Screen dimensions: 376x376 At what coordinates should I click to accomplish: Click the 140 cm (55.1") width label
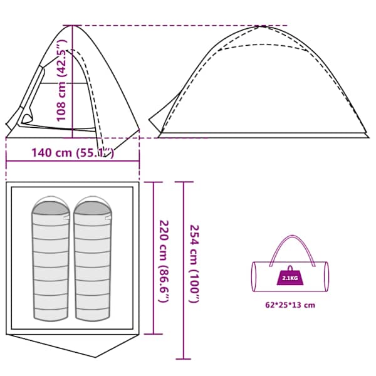tap(73, 153)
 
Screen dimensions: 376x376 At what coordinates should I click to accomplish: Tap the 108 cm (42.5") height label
tap(61, 81)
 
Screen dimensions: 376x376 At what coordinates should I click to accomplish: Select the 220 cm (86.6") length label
tap(164, 261)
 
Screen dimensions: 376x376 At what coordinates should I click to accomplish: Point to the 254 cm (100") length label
tap(194, 264)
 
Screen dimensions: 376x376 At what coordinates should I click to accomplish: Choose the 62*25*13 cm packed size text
tap(290, 305)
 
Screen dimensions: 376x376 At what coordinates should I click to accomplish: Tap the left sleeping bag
tap(51, 259)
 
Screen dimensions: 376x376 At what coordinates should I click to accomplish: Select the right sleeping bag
tap(93, 259)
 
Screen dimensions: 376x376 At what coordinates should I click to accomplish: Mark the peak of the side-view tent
tap(262, 26)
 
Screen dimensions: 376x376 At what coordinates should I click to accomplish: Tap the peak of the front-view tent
tap(73, 26)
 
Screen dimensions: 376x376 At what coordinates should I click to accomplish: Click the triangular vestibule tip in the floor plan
tap(96, 357)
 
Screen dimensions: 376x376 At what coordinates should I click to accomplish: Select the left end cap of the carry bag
tap(254, 276)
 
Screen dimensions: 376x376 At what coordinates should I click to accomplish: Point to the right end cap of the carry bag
tap(326, 276)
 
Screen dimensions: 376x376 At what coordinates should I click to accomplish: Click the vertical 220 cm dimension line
tap(154, 258)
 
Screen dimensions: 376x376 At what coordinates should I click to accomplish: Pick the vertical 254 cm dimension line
tap(184, 271)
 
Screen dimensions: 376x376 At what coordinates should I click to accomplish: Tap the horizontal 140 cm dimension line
tap(73, 162)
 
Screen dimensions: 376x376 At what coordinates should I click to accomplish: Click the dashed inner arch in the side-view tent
tap(263, 45)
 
